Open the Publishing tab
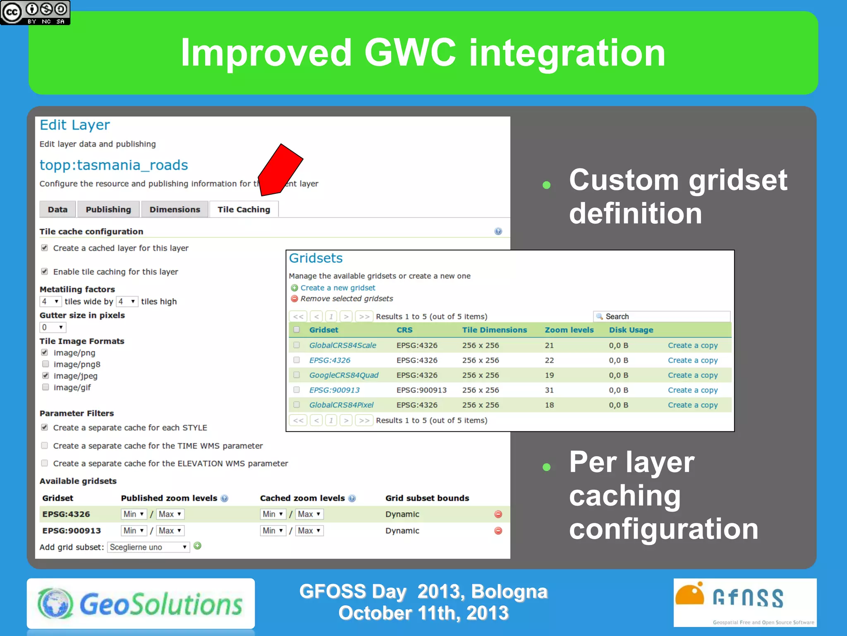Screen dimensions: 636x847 [108, 210]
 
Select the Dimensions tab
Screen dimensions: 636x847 [175, 210]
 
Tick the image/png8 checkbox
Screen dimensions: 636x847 [45, 364]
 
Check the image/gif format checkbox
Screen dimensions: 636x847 [45, 387]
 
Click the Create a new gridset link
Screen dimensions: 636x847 [337, 288]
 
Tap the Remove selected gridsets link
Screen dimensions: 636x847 [346, 299]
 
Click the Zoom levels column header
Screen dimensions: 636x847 [569, 330]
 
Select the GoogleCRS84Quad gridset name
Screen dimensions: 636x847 [344, 375]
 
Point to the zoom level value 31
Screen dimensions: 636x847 [549, 390]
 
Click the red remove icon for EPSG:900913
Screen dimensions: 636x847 [498, 530]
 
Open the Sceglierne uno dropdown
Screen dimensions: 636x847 [148, 547]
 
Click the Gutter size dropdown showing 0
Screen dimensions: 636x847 [53, 327]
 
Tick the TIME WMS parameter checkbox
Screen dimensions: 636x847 [45, 446]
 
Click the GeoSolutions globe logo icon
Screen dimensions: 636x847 [55, 603]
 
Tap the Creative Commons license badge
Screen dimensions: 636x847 [35, 12]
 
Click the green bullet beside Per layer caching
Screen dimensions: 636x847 [546, 467]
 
